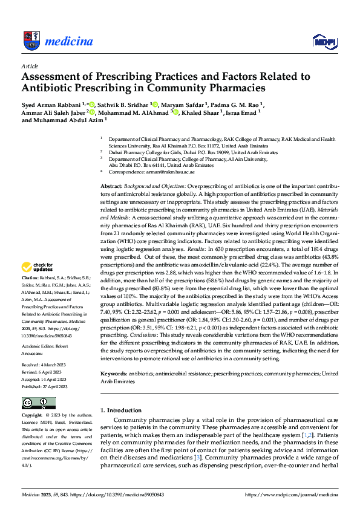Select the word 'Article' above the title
tap(30, 66)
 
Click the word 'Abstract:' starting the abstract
tap(111, 187)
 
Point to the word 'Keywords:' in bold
tap(114, 374)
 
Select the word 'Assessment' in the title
tap(53, 77)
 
